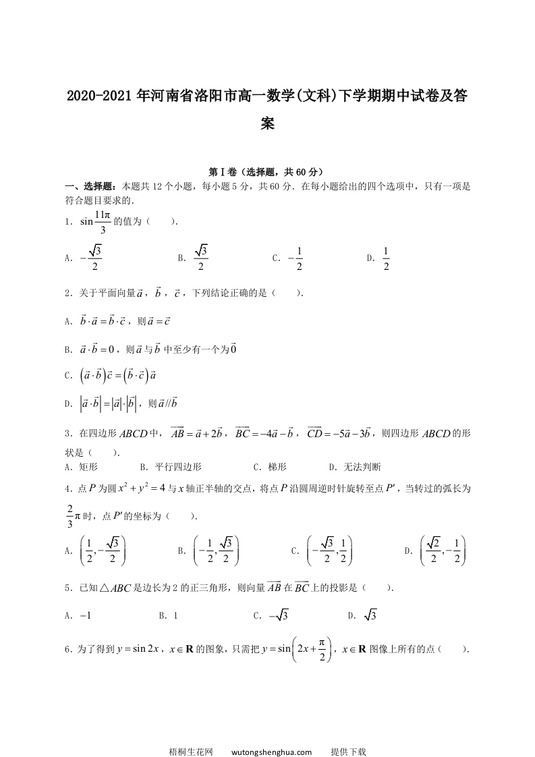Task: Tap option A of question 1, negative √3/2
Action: coord(90,258)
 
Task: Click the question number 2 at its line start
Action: coord(68,293)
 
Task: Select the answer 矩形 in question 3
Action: coord(89,466)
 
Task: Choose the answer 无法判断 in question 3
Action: coord(362,466)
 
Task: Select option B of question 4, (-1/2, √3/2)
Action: coord(215,551)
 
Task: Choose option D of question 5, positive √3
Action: coord(370,615)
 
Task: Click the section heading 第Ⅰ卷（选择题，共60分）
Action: coord(267,172)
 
